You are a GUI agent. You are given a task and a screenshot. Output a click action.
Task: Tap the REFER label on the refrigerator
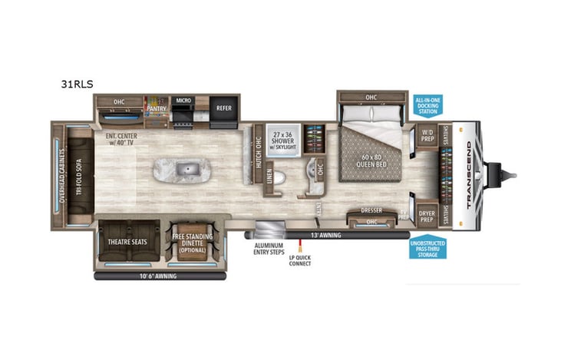click(x=223, y=109)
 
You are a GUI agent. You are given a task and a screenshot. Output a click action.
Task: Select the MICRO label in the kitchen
click(x=183, y=101)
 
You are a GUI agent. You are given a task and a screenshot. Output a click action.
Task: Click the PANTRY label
click(x=157, y=109)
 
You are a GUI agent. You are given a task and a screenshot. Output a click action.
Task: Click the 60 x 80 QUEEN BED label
click(x=371, y=166)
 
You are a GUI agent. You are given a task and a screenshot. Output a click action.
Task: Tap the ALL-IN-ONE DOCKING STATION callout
click(x=427, y=106)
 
